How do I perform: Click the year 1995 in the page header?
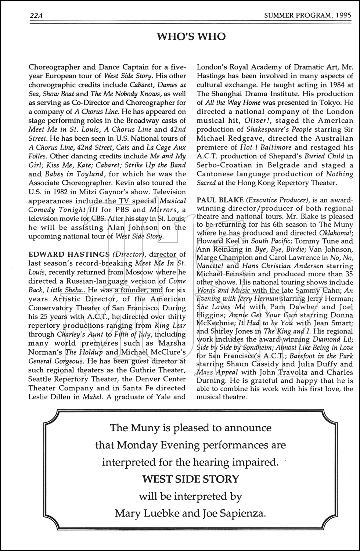[343, 15]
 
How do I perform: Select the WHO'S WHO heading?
[191, 36]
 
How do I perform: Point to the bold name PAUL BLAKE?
[220, 200]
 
